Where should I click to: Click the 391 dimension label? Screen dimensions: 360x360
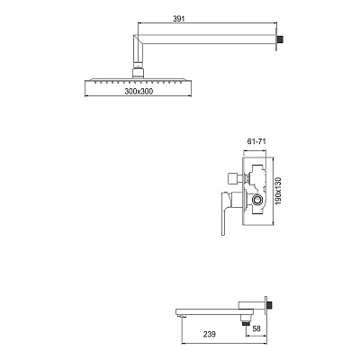click(179, 19)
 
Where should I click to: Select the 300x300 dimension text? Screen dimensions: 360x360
click(139, 91)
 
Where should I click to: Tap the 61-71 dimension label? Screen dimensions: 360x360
click(256, 141)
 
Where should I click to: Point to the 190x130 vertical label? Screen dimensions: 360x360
click(279, 191)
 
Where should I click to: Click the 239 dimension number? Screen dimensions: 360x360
click(210, 334)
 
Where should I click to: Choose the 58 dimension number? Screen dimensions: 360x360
click(256, 328)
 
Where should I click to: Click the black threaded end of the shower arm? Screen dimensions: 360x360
click(281, 39)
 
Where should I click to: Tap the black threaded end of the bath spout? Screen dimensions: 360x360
click(270, 305)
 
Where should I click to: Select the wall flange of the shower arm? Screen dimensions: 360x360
click(276, 39)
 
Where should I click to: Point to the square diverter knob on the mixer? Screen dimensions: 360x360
click(233, 179)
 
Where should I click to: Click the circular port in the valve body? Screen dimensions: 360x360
click(257, 199)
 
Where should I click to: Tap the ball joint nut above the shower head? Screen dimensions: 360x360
click(138, 74)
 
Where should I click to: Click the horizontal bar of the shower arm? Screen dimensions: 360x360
click(207, 40)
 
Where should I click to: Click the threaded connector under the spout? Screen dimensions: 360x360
click(246, 320)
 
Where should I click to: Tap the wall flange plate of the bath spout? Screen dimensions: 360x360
click(265, 305)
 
